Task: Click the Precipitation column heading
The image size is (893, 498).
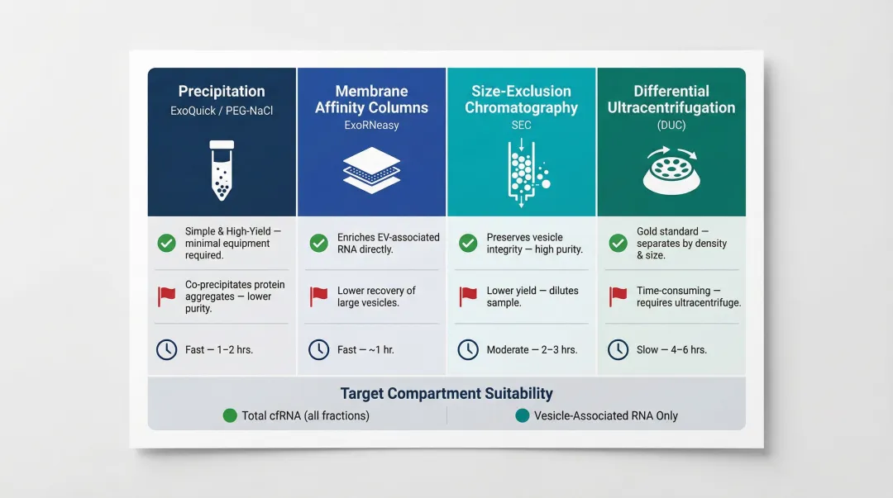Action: pos(222,92)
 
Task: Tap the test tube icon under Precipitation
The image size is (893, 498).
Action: pos(222,170)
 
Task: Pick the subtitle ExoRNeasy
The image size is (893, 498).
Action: pos(371,126)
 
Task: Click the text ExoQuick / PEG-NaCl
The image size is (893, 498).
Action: pos(222,111)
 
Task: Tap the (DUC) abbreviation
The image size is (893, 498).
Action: pos(671,126)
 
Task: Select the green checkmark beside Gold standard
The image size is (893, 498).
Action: pos(618,244)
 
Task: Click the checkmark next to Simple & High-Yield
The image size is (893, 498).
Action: pos(167,244)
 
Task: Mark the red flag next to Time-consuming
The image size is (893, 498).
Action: pos(618,296)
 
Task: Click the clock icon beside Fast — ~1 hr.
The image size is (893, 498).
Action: pos(318,349)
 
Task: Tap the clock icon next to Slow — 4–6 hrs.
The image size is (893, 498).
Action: pos(618,349)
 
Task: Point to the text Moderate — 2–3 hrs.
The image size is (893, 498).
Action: pos(532,350)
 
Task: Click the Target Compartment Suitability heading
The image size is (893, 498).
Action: pos(446,394)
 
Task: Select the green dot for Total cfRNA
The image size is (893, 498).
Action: pos(230,415)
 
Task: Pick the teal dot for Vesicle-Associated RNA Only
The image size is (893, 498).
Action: pos(522,415)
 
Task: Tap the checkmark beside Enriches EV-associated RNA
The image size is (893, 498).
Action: pos(318,244)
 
